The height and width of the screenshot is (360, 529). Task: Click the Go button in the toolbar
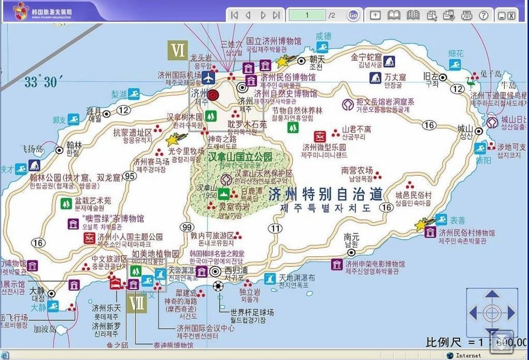coord(353,15)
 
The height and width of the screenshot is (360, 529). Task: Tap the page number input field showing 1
coord(307,15)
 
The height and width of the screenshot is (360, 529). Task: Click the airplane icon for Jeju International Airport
coord(209,78)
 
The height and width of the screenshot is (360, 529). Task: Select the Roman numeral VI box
coord(178,51)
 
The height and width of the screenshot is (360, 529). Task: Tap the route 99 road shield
coord(187,227)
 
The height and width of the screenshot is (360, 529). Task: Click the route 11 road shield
coord(275,228)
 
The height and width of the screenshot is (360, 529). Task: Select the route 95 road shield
coord(130,176)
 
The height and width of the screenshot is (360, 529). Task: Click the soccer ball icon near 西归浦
coord(218,287)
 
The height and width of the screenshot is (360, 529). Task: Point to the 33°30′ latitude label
coord(40,82)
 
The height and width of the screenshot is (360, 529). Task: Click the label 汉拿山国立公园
coord(240,157)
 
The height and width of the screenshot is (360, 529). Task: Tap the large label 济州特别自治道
coord(325,194)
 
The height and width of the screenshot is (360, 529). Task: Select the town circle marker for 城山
coord(479,131)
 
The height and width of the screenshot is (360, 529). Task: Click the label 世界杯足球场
coord(252,312)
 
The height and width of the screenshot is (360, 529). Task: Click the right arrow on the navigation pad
coord(511,312)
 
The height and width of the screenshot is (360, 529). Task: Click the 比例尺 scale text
coord(443,343)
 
